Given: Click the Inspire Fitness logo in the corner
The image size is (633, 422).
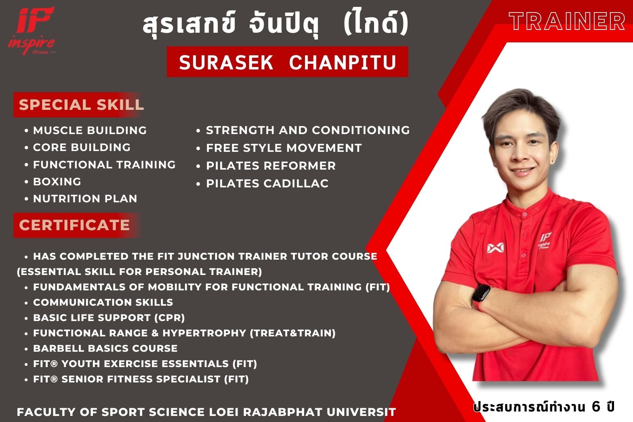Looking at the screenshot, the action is (32, 31).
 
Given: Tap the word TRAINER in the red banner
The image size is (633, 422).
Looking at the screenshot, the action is (567, 21).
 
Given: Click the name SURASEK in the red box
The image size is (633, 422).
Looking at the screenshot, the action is (226, 63).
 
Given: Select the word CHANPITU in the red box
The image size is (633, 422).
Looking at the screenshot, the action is (343, 63).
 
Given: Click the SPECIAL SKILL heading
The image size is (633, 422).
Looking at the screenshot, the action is (81, 105).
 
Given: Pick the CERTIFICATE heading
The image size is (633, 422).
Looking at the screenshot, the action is (74, 225).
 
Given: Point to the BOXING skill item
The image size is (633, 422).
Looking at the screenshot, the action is (57, 182).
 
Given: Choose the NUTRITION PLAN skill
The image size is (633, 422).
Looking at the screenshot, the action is (85, 199).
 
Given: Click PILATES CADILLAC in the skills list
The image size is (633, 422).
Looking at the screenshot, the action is (267, 184).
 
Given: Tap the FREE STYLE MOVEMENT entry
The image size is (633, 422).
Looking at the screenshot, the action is (284, 148).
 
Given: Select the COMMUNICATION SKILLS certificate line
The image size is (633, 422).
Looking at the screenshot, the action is (103, 302).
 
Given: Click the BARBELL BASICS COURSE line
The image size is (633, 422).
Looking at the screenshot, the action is (105, 348).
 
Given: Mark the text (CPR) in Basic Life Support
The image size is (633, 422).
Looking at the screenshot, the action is (170, 318).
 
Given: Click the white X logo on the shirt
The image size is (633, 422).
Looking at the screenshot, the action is (495, 248).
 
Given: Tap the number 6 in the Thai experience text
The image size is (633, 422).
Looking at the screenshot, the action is (595, 407).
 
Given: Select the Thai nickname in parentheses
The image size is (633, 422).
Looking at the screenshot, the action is (376, 23).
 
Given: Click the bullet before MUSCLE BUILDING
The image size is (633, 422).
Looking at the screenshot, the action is (26, 130).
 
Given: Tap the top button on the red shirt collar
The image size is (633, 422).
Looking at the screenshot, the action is (524, 215).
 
